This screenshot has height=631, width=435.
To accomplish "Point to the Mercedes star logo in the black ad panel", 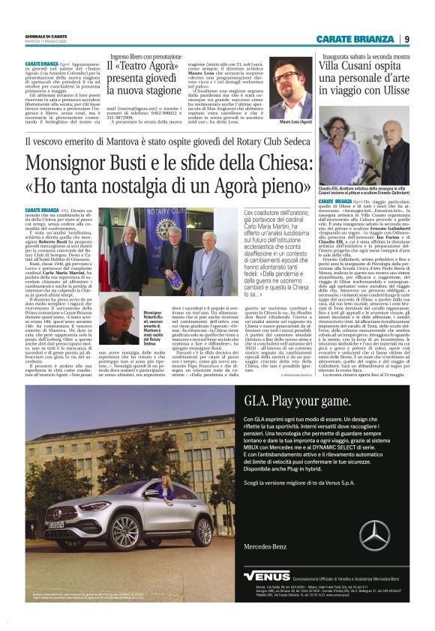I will (x=373, y=535).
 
